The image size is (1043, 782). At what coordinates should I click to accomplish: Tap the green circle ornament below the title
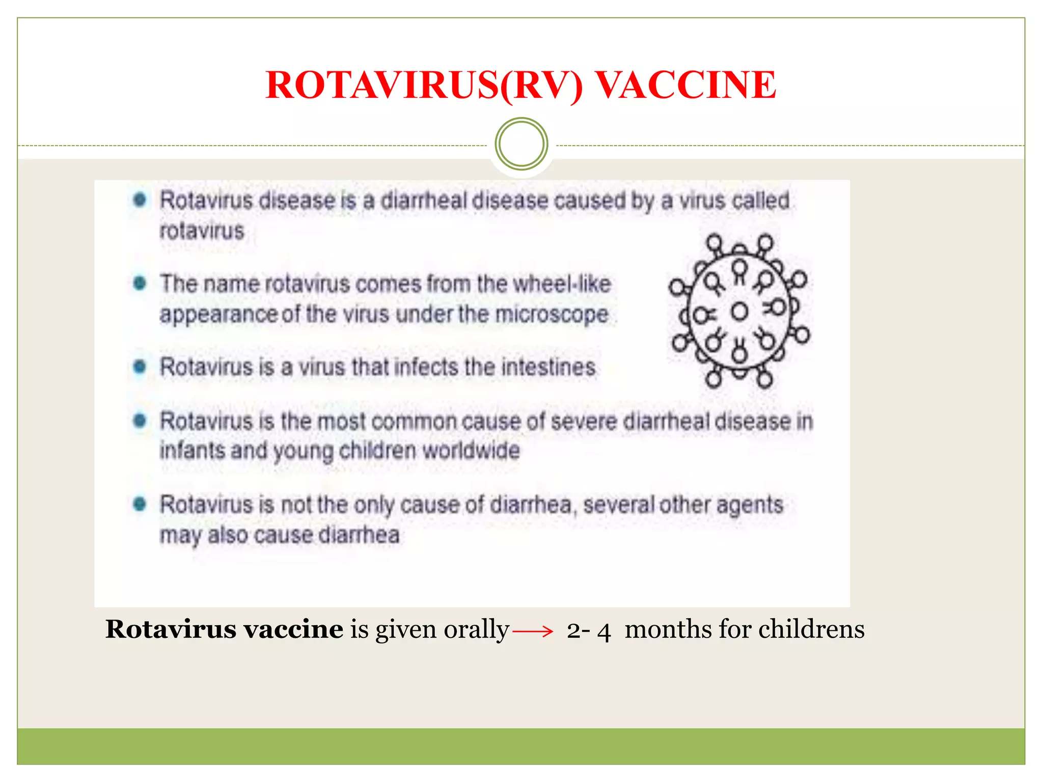[521, 144]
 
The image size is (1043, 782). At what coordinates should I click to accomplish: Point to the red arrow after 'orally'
[533, 632]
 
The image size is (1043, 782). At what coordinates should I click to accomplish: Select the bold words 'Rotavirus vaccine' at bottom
[224, 629]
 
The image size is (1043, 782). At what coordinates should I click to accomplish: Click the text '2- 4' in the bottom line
[588, 631]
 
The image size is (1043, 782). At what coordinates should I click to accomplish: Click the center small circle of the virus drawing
[739, 311]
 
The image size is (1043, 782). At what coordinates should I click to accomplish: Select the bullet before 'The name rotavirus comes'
[140, 283]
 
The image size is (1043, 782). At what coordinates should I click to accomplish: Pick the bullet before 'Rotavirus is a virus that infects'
[140, 366]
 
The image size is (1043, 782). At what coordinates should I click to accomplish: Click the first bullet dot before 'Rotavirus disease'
[140, 200]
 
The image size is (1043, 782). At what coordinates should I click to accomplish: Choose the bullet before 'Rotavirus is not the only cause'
[140, 504]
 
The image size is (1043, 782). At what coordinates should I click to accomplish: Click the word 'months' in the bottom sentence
[667, 629]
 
